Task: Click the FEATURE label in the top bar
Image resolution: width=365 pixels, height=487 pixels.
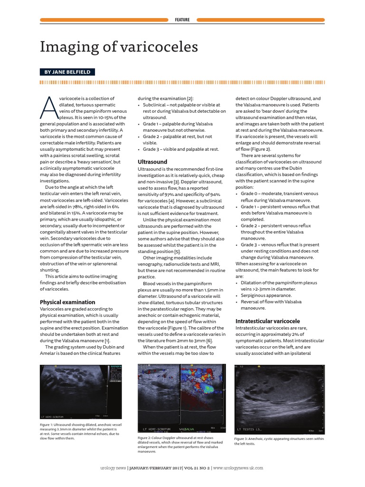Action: (182, 20)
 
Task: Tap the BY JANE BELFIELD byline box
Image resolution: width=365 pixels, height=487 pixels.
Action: (67, 72)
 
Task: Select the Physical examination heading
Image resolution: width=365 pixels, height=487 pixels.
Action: (67, 302)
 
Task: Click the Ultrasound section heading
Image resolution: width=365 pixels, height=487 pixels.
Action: (152, 162)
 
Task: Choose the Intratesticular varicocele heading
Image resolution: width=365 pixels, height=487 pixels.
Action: (268, 321)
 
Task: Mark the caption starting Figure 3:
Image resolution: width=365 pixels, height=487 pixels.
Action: (279, 441)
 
